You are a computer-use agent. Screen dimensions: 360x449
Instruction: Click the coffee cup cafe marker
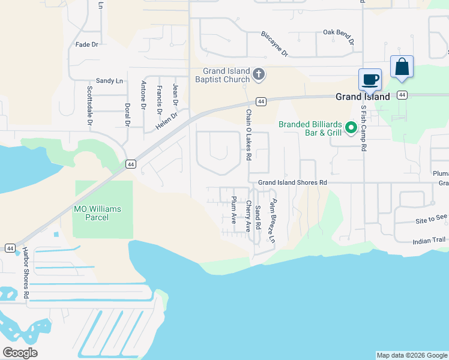click(370, 80)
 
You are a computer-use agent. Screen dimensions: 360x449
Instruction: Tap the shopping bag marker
click(402, 67)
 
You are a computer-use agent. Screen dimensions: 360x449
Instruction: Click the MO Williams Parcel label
click(97, 213)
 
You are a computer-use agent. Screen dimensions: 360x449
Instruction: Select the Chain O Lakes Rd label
click(249, 134)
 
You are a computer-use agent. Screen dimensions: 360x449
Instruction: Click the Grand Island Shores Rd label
click(292, 182)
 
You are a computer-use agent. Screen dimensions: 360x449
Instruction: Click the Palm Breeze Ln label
click(273, 220)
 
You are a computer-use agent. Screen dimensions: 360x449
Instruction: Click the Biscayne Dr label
click(275, 44)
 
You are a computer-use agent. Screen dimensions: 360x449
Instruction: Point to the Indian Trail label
click(429, 241)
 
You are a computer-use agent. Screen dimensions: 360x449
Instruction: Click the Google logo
click(20, 353)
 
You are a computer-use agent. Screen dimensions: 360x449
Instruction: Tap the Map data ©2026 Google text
click(412, 355)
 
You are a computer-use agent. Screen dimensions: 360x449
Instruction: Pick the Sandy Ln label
click(109, 81)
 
